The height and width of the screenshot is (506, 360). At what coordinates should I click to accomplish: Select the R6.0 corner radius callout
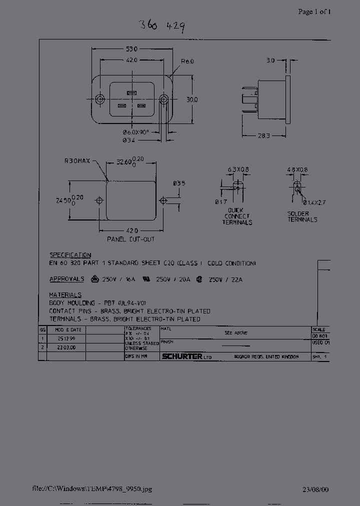187,61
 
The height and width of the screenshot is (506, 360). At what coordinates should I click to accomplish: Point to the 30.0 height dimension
192,99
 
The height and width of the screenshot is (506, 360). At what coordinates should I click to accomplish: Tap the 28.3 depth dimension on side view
264,135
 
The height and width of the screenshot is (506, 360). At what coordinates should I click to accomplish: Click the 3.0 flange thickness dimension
270,60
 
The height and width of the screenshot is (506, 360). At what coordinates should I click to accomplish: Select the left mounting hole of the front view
100,99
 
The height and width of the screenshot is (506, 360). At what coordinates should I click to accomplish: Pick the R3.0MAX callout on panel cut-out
77,161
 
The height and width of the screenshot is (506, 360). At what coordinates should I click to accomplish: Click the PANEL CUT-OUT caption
131,239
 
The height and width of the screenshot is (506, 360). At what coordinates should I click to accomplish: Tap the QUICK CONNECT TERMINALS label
237,216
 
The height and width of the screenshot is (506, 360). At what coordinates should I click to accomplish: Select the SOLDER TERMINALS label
302,216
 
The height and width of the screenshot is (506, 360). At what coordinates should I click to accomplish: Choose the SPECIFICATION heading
70,254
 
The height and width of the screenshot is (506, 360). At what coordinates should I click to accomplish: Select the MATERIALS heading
65,295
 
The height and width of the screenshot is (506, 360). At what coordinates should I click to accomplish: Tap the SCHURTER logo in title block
182,356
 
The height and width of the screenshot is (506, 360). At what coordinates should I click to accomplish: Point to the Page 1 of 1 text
314,11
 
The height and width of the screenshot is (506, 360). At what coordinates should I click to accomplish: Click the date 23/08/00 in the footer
315,490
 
